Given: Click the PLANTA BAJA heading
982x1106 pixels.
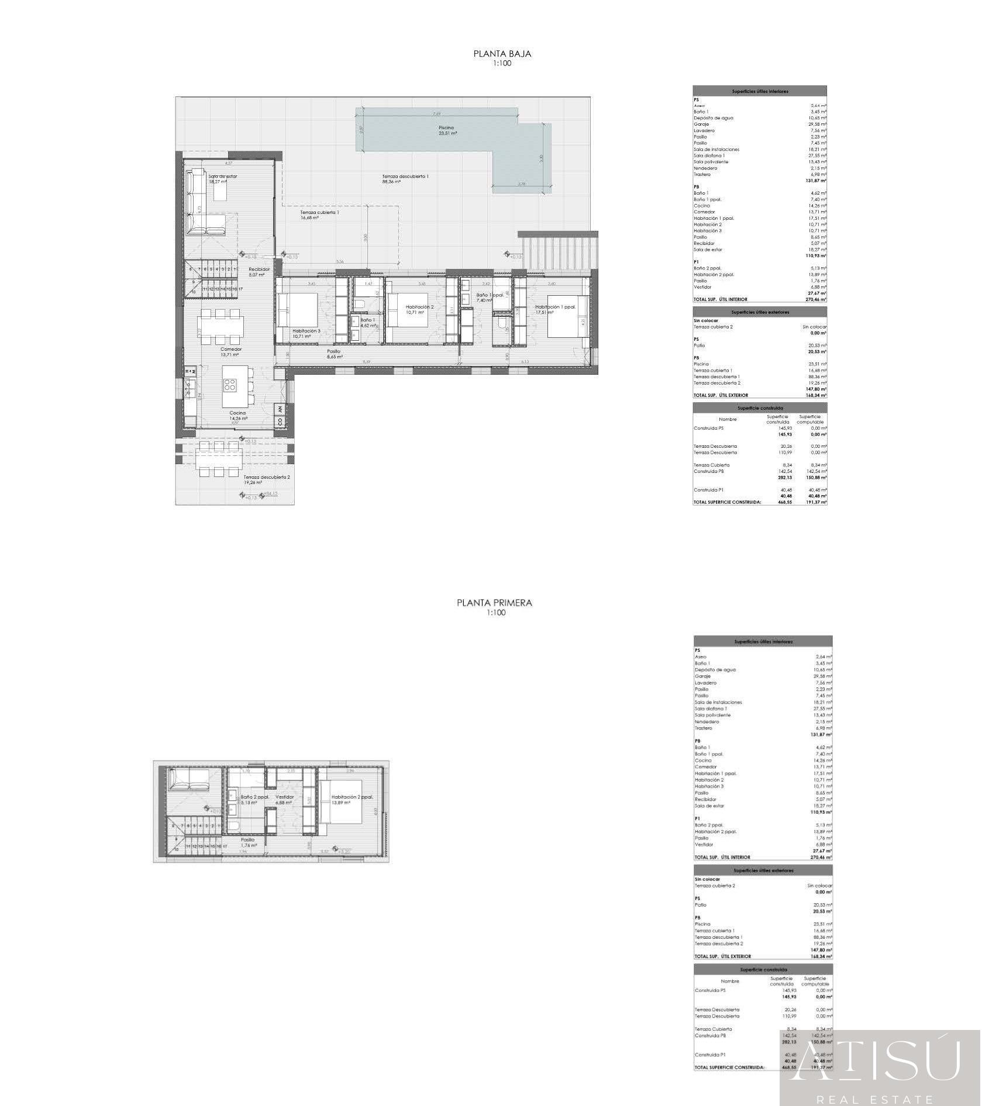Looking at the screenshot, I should [x=502, y=54].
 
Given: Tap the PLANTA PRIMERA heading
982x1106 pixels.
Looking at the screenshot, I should [x=495, y=603].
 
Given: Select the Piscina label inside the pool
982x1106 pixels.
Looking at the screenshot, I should [x=446, y=128].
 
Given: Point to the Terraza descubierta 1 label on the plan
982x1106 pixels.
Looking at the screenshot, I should [x=405, y=177].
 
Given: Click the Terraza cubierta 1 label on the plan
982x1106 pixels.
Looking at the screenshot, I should [x=319, y=213].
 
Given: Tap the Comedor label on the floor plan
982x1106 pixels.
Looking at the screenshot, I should [x=230, y=350].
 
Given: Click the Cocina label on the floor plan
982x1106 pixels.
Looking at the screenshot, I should [x=237, y=413].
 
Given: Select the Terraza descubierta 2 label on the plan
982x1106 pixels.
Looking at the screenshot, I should [x=266, y=477].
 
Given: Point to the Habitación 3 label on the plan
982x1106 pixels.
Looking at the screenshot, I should [x=306, y=331].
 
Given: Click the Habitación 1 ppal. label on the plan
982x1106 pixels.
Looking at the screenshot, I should [x=555, y=307].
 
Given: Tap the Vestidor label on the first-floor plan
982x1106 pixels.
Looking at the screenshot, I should [x=284, y=797].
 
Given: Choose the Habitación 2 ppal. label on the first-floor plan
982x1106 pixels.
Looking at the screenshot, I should [x=352, y=797].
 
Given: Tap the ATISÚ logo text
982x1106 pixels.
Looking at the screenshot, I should [x=880, y=1062].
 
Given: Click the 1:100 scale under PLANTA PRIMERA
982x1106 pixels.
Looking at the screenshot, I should [x=495, y=613].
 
